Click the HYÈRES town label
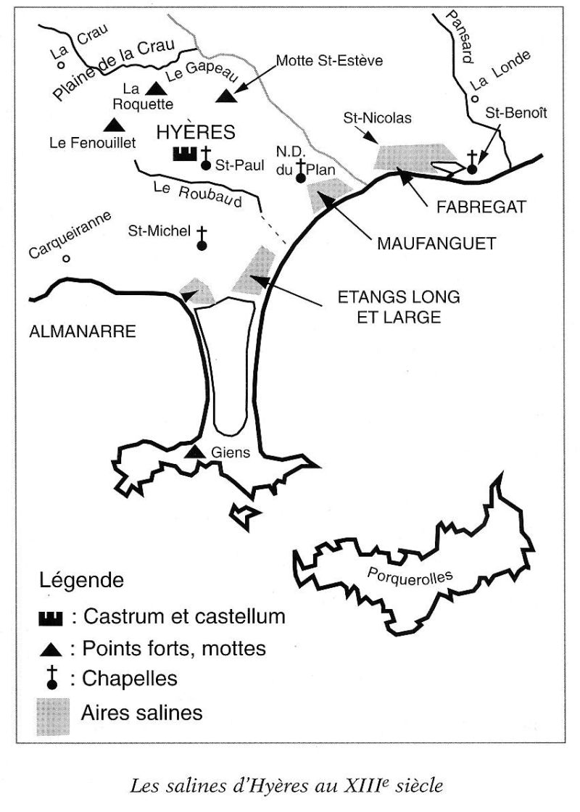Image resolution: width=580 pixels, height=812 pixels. click(x=197, y=132)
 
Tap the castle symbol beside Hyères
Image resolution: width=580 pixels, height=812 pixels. click(x=184, y=154)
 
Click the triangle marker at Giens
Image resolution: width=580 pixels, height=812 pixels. click(x=195, y=452)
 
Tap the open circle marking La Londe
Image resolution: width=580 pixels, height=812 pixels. click(x=473, y=99)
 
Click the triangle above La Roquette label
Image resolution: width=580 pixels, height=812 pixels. click(x=154, y=88)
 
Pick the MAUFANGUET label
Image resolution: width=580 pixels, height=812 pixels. click(x=436, y=244)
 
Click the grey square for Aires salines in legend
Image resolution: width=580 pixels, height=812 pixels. click(x=53, y=715)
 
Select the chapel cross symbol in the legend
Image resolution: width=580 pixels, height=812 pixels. click(x=52, y=679)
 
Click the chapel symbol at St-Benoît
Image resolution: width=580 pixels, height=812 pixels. click(x=472, y=162)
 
